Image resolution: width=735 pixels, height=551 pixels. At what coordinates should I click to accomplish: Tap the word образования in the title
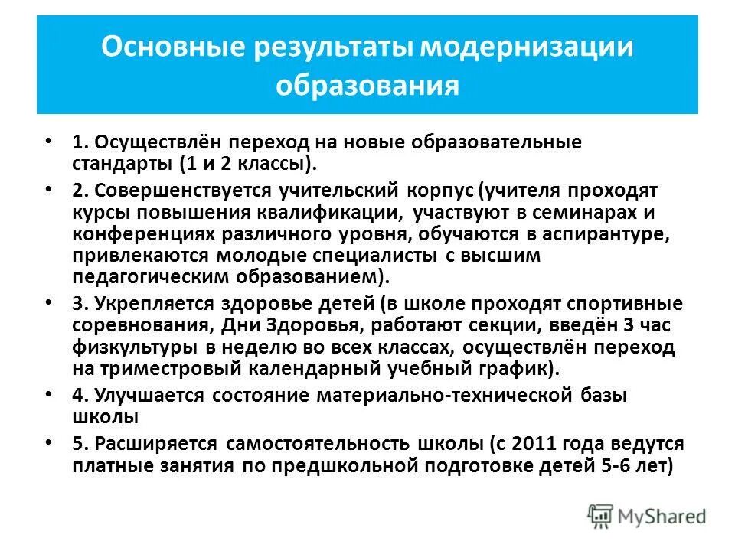pos(367,85)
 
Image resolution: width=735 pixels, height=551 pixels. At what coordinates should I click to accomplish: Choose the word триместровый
pos(176,369)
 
